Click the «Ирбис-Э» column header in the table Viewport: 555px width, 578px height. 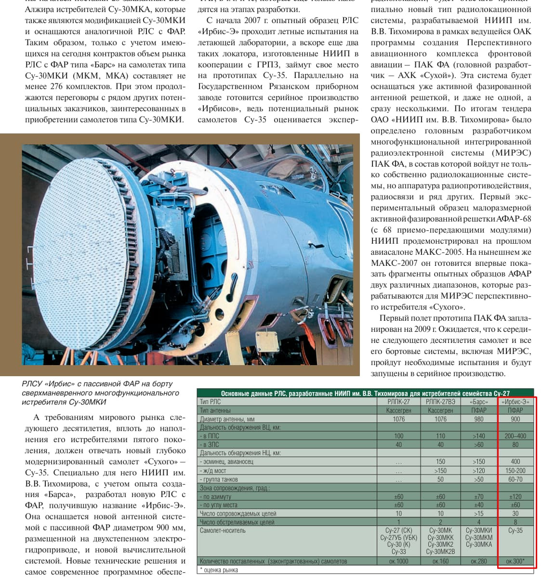515,402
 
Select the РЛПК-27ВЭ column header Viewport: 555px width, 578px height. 440,402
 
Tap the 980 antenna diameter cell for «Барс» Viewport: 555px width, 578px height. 478,419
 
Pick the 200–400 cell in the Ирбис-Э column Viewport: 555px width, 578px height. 515,436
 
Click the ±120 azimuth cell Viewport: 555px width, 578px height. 515,497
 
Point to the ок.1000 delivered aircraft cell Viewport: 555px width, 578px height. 398,561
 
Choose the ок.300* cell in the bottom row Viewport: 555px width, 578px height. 515,561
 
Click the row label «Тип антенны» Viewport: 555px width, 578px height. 215,410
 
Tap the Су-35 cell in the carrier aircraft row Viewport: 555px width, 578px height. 515,531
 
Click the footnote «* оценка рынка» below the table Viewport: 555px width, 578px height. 219,570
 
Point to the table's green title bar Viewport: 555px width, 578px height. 365,393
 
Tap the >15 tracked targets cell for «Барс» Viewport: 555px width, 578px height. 478,513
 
